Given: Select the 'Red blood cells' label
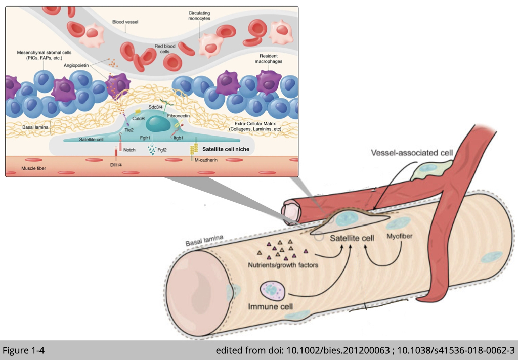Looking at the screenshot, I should click(165, 49).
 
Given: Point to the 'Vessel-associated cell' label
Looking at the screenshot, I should click(407, 153).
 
